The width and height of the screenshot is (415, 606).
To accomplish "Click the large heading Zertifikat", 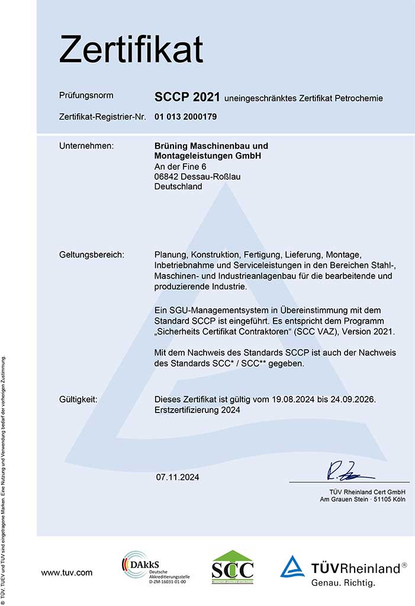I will [131, 49].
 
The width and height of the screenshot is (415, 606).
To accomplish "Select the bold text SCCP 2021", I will [187, 97].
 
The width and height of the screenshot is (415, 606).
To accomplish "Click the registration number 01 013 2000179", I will [186, 117].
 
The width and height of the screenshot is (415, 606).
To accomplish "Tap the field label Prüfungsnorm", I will [86, 95].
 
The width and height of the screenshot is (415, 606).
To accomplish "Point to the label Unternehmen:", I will [86, 146].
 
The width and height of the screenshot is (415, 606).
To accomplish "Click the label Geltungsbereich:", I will [92, 254].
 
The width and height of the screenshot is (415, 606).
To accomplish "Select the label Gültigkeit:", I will [78, 399].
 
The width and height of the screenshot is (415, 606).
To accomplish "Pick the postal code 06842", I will [166, 176].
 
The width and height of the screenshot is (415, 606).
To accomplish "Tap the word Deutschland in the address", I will [178, 186].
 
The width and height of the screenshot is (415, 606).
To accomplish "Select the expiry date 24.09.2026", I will [354, 399].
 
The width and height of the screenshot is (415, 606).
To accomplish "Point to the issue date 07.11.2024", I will [178, 477].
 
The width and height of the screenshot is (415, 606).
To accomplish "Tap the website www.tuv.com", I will [66, 572].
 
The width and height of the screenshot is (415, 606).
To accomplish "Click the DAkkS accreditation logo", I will [154, 568].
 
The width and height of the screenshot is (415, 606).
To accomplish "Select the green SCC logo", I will [233, 567].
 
